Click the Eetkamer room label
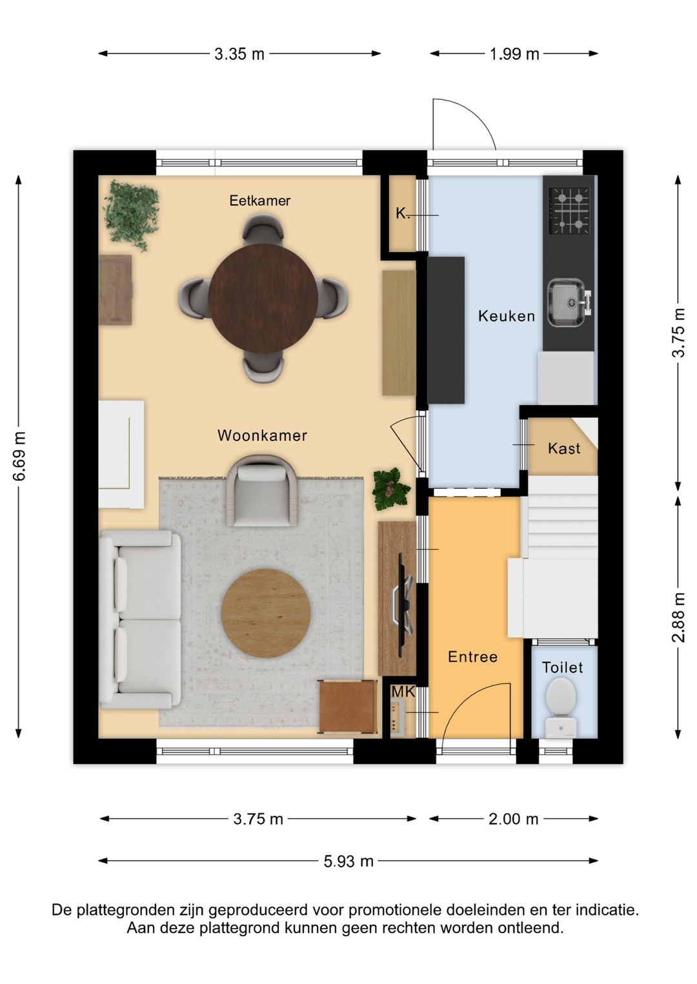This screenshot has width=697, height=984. [260, 201]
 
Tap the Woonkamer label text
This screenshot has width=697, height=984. [262, 435]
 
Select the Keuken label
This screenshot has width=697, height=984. [507, 316]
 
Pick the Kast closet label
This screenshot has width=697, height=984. [564, 449]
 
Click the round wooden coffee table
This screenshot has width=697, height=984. [266, 613]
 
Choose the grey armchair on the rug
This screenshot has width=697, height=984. [263, 490]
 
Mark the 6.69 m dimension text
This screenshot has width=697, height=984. [19, 457]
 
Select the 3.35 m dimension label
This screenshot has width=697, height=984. [239, 54]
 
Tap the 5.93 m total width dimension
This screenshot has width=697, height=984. [348, 861]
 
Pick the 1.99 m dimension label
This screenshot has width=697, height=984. [514, 54]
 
